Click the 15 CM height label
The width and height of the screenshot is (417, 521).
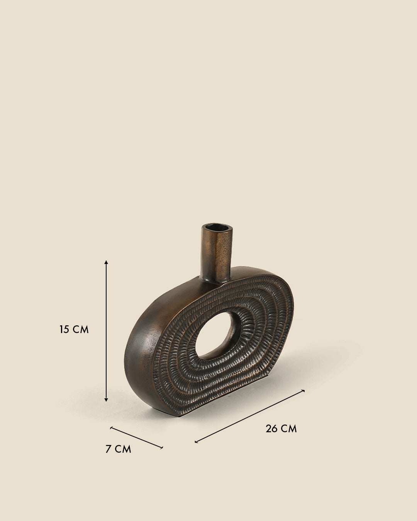pyautogui.click(x=74, y=330)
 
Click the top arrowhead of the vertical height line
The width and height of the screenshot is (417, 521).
pyautogui.click(x=106, y=262)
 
